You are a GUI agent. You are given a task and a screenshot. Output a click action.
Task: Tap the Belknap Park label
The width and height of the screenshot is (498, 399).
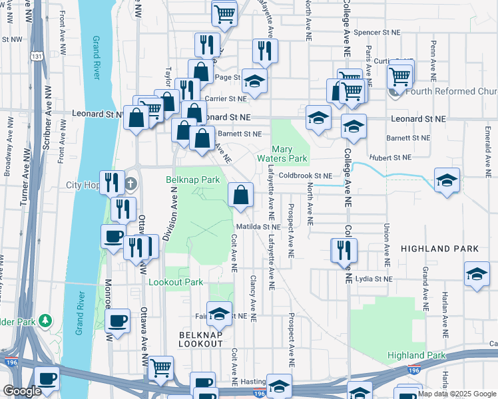point(192,180)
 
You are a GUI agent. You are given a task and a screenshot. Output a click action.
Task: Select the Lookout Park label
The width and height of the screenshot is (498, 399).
point(175,282)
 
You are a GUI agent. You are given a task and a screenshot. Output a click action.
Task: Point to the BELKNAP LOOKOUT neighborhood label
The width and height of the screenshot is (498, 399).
point(200,338)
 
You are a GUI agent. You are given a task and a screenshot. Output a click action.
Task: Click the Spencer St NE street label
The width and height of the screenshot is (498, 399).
point(377,32)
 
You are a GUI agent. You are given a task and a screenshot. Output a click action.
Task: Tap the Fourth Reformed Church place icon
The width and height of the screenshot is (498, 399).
point(395,92)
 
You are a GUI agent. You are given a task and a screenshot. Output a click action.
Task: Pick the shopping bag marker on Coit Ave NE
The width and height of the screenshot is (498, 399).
point(241,195)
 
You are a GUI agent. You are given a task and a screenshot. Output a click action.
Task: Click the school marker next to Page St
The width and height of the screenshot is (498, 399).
point(254,81)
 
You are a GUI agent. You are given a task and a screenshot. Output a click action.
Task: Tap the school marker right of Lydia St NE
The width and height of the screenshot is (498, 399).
point(477,275)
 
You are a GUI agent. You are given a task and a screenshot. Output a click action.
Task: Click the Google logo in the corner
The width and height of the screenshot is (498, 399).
point(22,391)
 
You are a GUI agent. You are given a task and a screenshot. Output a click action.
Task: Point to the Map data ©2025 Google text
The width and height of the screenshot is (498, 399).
point(455,394)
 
